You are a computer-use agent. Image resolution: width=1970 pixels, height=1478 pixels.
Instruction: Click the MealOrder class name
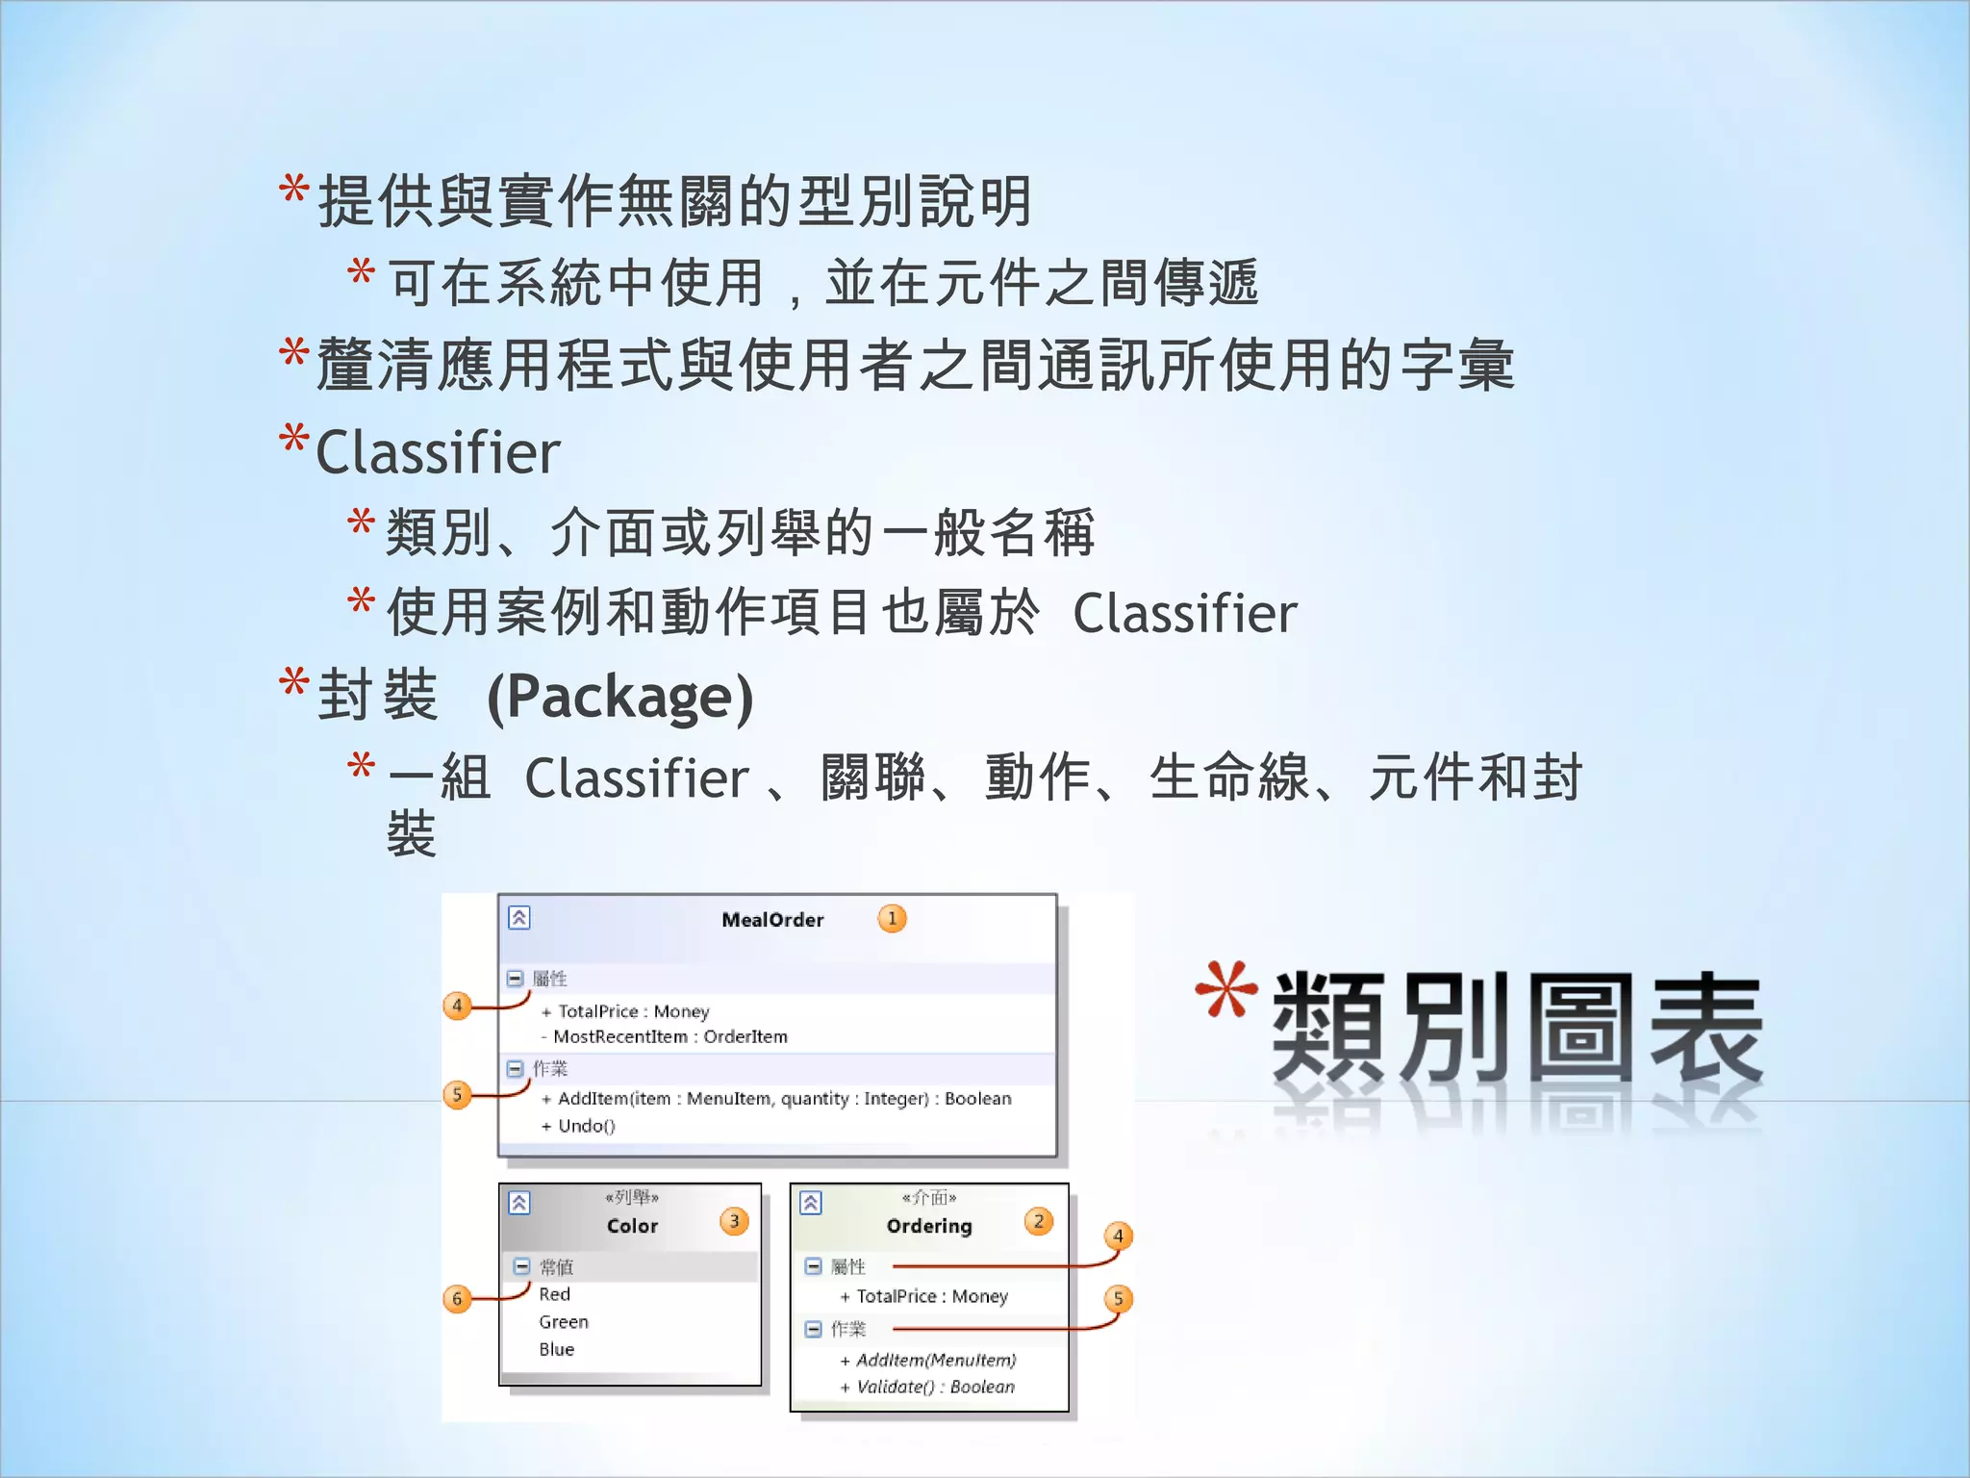point(772,920)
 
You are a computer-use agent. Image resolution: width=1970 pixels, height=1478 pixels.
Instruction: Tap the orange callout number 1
point(892,919)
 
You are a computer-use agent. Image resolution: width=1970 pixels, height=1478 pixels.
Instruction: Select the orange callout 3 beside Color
point(734,1222)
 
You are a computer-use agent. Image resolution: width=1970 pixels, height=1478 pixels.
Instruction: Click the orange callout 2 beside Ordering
point(1038,1222)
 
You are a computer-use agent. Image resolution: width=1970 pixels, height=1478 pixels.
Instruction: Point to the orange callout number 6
point(457,1299)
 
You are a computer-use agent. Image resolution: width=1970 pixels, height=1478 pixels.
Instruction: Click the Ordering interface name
point(929,1226)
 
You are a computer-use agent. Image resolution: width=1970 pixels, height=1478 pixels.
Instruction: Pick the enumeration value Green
point(564,1322)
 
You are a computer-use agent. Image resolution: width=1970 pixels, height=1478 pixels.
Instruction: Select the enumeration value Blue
point(557,1349)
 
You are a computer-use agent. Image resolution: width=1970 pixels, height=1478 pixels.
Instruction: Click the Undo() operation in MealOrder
point(586,1126)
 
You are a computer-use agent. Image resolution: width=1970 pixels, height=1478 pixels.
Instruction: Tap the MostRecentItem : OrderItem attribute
point(670,1036)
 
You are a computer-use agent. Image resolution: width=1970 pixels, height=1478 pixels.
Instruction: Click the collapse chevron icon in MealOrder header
point(519,918)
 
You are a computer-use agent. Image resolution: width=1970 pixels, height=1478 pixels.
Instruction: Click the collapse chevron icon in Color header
point(519,1203)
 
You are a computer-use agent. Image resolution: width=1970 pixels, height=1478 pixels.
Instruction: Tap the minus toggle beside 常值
point(521,1266)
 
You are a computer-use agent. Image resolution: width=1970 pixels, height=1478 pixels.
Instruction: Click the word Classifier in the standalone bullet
point(438,452)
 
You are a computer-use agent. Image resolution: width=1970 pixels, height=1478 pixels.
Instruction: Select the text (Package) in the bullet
point(620,697)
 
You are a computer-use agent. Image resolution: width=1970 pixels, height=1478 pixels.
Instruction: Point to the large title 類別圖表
point(1517,1028)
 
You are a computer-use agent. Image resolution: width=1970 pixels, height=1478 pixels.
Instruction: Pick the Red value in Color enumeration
point(555,1294)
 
